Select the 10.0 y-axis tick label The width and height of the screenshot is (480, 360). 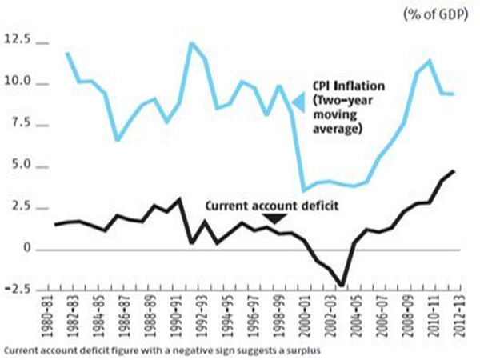(x=20, y=82)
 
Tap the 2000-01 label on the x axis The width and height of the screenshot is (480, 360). (x=302, y=316)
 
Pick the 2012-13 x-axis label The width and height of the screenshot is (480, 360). (x=450, y=316)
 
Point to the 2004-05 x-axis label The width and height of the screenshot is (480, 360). (x=351, y=316)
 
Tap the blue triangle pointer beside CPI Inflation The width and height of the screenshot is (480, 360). (x=298, y=102)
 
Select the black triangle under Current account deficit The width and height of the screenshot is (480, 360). (x=274, y=218)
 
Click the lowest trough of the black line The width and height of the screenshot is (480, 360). (x=342, y=285)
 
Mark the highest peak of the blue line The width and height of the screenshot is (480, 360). (x=191, y=42)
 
